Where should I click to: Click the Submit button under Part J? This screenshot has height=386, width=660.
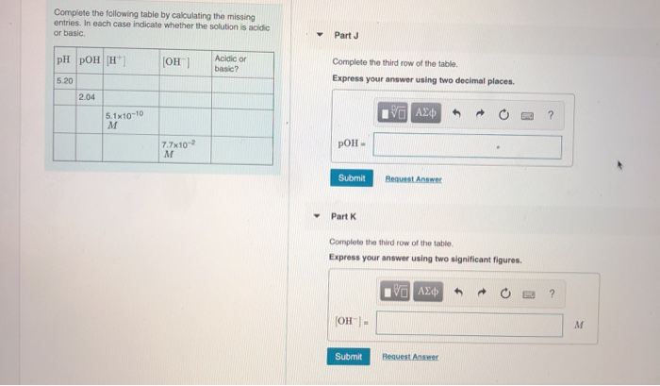point(352,177)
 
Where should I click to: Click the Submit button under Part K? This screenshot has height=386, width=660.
point(349,357)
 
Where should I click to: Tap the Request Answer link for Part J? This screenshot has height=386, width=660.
point(413,179)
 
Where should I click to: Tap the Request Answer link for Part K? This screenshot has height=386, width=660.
point(410,357)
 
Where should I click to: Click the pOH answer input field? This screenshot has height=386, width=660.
point(468,146)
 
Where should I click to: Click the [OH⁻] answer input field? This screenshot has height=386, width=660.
point(470,324)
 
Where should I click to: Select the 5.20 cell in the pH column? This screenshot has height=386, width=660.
point(65,81)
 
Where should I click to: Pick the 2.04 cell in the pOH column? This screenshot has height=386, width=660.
point(90,97)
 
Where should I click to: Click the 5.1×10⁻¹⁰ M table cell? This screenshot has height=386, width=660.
point(131,120)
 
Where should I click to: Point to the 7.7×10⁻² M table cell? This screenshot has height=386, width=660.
point(185,149)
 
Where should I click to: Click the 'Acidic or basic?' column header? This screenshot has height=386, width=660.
point(242,63)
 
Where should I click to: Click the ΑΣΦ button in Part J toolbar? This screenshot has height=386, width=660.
point(426,113)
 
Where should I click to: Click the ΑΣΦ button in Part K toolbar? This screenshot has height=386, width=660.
point(428,292)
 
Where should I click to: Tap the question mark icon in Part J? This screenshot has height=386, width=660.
point(551,114)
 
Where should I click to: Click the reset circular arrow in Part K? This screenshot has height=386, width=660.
point(505,293)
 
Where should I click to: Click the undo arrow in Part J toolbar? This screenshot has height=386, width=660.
point(456,113)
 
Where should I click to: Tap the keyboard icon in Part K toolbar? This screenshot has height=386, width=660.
point(529,294)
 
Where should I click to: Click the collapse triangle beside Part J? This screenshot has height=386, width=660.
point(320,35)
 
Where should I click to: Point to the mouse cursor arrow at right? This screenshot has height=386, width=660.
point(619,165)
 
